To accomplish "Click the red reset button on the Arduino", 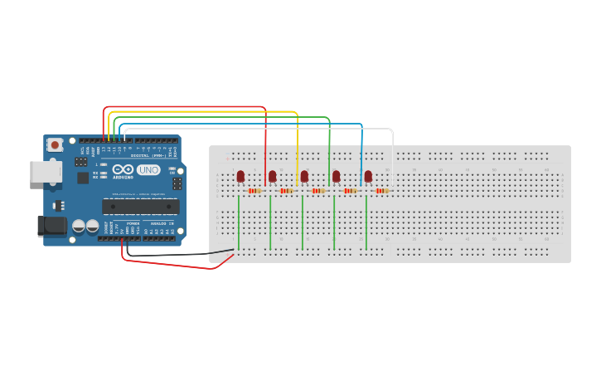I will (x=55, y=144).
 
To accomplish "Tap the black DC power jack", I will (x=52, y=226).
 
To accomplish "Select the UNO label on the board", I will (x=148, y=170).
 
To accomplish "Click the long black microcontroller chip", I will (x=140, y=207).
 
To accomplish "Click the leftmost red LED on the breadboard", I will (x=240, y=176).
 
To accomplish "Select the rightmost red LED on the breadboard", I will (x=368, y=176).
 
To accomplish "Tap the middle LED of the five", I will (x=304, y=176).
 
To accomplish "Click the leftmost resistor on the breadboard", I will (x=254, y=191).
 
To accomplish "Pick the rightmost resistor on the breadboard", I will (x=381, y=191).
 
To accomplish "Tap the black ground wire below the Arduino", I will (x=182, y=254).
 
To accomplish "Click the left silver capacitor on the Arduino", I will (x=79, y=226).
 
